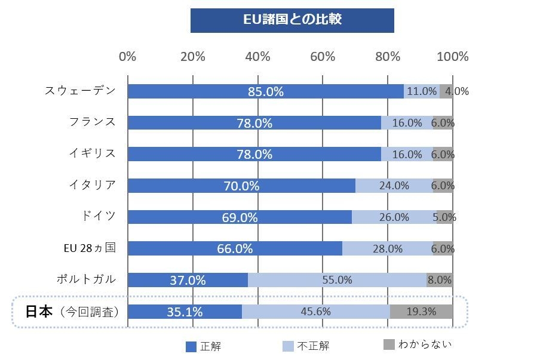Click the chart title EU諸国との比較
(292, 20)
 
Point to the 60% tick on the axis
(323, 57)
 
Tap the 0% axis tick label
(128, 57)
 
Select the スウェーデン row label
(80, 91)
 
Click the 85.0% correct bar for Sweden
(265, 91)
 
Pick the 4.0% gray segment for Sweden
(446, 91)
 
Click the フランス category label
(92, 122)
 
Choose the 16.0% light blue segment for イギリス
(407, 154)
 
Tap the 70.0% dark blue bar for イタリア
(241, 186)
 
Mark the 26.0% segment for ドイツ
(394, 217)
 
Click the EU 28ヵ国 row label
(89, 248)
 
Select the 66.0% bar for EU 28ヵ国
(235, 249)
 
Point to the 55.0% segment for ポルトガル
(337, 280)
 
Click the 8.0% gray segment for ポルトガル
(440, 280)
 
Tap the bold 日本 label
(39, 311)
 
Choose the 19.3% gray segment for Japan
(421, 312)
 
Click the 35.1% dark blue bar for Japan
(185, 312)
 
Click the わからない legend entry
(418, 344)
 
